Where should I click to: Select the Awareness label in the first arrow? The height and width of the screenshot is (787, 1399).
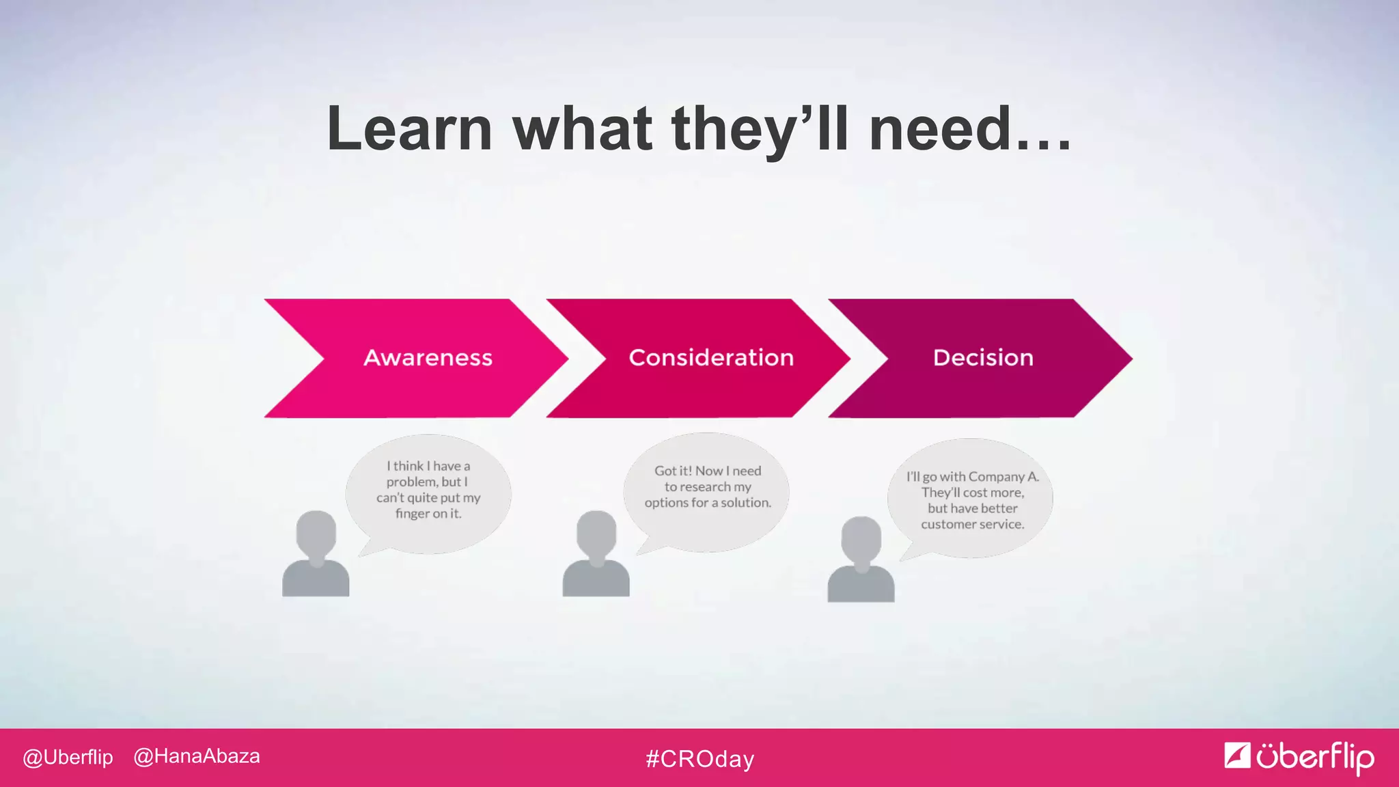click(428, 357)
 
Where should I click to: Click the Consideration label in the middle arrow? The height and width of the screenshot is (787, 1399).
click(711, 357)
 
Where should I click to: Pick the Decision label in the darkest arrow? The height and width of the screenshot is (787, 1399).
click(983, 357)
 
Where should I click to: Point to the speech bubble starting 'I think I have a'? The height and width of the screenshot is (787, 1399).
click(428, 493)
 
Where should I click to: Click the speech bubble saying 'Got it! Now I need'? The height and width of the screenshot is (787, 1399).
click(707, 491)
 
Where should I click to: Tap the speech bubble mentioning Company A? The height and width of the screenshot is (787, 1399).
click(971, 499)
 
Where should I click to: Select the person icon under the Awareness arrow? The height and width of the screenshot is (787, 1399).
click(316, 555)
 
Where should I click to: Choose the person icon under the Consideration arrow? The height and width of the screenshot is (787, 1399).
click(596, 555)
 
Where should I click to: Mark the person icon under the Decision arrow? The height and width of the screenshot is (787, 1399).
click(861, 560)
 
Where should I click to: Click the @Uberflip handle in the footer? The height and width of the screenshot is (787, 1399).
click(68, 757)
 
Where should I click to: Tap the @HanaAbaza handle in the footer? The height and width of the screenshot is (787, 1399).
click(197, 756)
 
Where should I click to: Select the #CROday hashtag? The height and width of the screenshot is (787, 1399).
click(699, 758)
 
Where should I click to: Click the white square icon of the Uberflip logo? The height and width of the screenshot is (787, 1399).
click(1236, 755)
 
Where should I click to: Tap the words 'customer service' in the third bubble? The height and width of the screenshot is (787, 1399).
click(972, 524)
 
